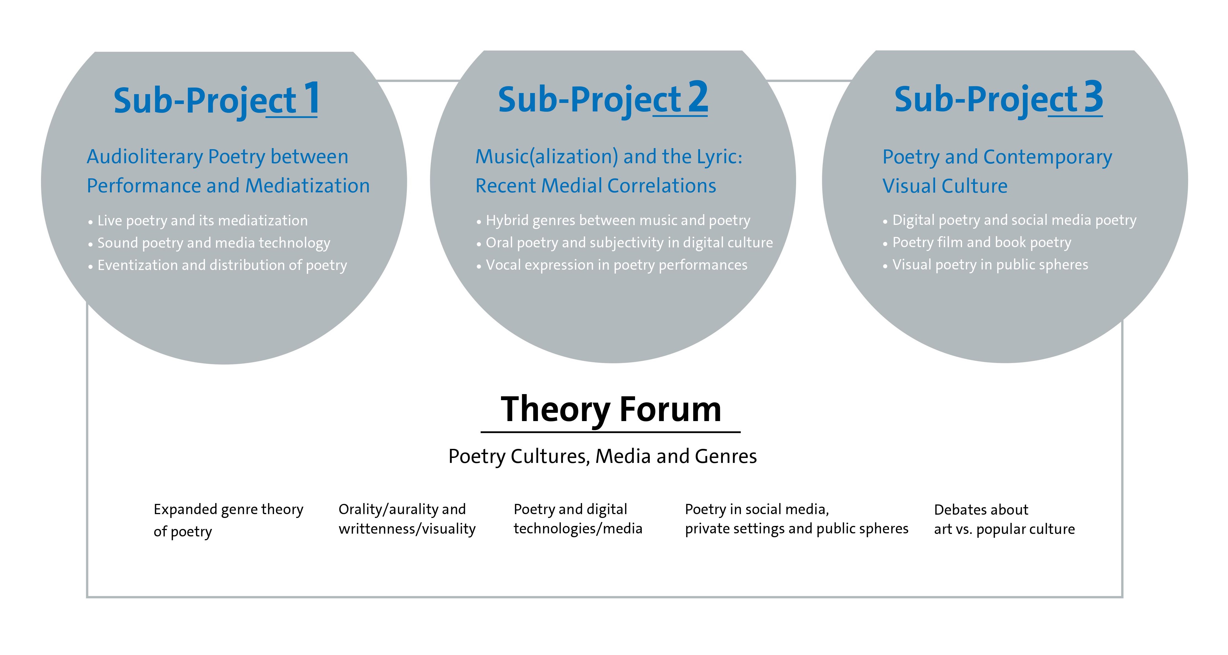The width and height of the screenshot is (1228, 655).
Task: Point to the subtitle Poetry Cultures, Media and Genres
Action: tap(603, 457)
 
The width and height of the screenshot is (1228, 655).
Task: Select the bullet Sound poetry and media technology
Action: tap(209, 243)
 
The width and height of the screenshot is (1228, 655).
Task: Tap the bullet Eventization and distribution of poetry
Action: tap(217, 266)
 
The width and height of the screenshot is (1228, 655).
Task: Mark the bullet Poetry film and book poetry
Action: tap(977, 243)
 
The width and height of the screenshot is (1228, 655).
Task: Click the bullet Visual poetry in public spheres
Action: tap(985, 265)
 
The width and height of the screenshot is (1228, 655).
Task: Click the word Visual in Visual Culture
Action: tap(911, 186)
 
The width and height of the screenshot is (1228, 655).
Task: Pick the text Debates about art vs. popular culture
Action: tap(1004, 520)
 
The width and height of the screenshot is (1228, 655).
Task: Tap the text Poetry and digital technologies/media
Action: tap(578, 519)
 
